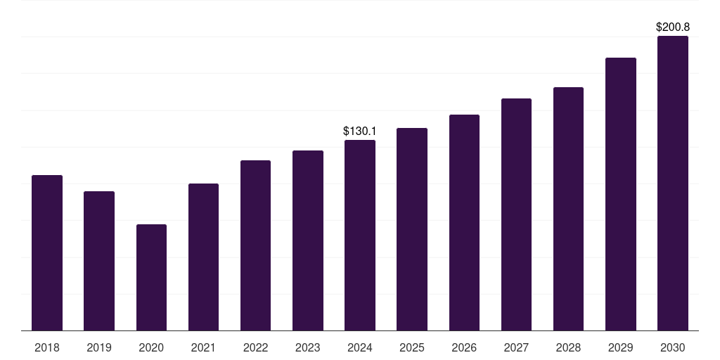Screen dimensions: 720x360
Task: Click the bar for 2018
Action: (47, 252)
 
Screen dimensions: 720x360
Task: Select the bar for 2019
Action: (99, 261)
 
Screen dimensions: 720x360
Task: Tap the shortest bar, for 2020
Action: (152, 277)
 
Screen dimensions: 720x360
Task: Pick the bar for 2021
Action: (203, 257)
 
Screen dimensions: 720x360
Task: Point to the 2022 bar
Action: (255, 245)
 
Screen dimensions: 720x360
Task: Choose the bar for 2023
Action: (308, 240)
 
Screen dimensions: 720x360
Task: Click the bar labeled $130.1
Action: (360, 235)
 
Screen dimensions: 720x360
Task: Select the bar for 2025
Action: (412, 229)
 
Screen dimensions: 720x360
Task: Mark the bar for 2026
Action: (464, 223)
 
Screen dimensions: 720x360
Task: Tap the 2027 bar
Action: (516, 214)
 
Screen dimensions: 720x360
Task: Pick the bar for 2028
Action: (568, 209)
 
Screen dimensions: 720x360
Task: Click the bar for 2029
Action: (621, 194)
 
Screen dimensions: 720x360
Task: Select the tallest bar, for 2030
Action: (673, 184)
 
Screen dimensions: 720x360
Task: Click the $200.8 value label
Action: (673, 27)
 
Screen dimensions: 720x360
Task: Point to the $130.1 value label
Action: (360, 131)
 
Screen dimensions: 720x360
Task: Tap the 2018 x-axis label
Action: (47, 347)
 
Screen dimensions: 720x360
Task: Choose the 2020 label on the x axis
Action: (151, 347)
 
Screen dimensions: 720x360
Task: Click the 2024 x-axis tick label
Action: (360, 347)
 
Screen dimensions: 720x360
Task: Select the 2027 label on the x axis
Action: (516, 347)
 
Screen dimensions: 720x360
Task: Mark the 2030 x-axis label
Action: (673, 347)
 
